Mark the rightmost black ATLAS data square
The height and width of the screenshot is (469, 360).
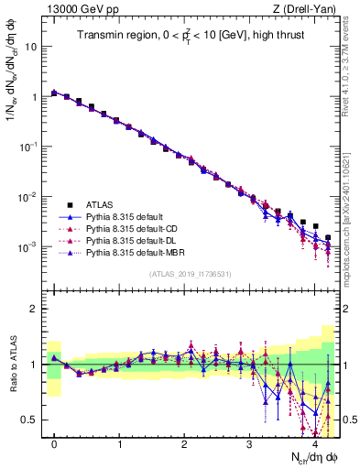[328, 237]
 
